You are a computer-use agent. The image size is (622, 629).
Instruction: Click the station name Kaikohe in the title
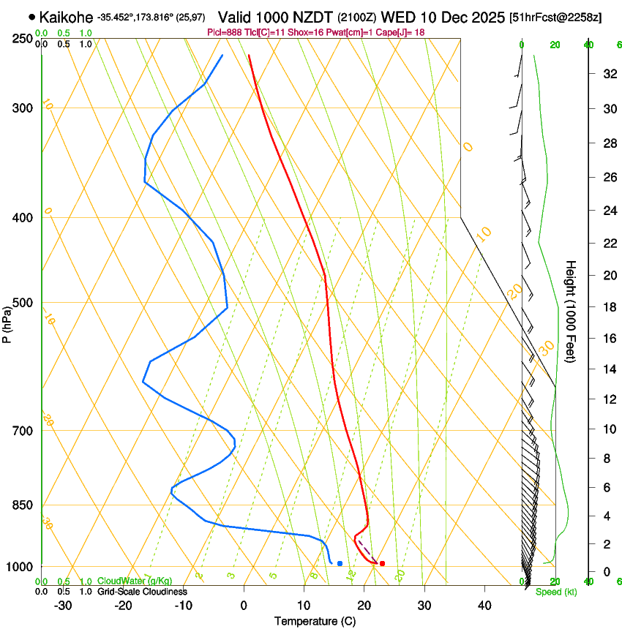[x=66, y=16]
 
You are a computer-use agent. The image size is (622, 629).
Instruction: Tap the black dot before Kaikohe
[x=31, y=16]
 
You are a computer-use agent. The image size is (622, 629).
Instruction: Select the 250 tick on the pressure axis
[x=23, y=38]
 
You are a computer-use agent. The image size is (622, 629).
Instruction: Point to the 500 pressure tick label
[x=23, y=303]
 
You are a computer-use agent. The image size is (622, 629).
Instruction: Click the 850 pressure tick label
[x=23, y=505]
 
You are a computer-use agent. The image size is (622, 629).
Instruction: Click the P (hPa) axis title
[x=7, y=322]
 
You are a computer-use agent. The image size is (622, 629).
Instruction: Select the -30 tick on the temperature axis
[x=63, y=605]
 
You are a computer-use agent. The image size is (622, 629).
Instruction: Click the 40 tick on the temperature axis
[x=484, y=605]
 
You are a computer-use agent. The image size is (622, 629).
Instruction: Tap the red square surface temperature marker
[x=382, y=563]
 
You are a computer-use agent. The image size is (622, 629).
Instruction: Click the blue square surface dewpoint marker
[x=340, y=563]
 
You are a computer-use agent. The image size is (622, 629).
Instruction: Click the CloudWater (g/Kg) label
[x=124, y=581]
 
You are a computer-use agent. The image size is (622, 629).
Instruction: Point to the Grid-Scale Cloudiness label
[x=141, y=591]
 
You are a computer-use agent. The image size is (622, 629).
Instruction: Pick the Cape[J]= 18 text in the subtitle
[x=401, y=33]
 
